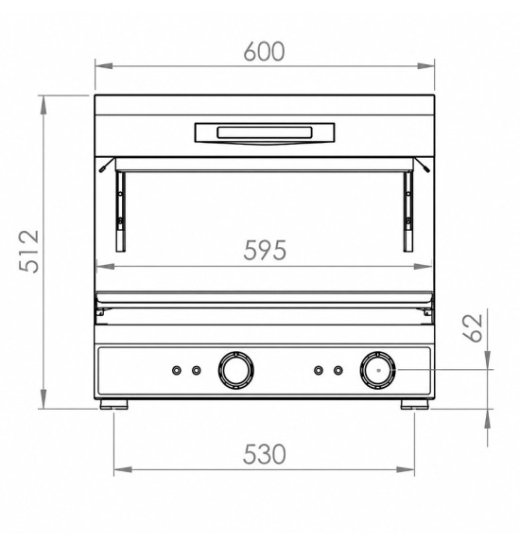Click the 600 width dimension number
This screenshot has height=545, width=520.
pyautogui.click(x=264, y=51)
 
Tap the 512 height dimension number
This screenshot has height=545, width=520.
pyautogui.click(x=29, y=251)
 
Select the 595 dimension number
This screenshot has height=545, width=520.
pyautogui.click(x=265, y=250)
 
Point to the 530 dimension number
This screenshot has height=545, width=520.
pyautogui.click(x=265, y=453)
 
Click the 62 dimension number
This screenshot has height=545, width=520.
pyautogui.click(x=473, y=327)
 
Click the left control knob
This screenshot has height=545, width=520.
pyautogui.click(x=235, y=370)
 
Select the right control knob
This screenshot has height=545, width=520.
pyautogui.click(x=378, y=370)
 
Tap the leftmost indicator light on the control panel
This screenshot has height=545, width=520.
pyautogui.click(x=177, y=370)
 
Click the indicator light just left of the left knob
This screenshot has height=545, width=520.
pyautogui.click(x=197, y=370)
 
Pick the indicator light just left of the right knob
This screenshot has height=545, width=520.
pyautogui.click(x=338, y=370)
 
